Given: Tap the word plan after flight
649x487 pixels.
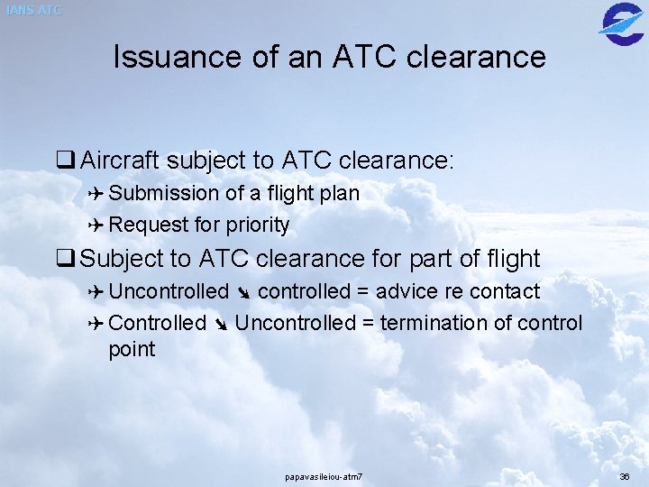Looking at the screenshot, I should (340, 194).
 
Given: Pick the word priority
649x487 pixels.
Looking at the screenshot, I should (260, 225).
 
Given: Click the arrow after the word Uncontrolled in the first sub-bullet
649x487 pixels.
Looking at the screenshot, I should (243, 293).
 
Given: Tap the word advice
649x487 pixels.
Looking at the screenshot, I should (404, 292).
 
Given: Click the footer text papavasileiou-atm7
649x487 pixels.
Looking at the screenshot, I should (324, 476).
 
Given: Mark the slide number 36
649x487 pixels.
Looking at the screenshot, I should (625, 476).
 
